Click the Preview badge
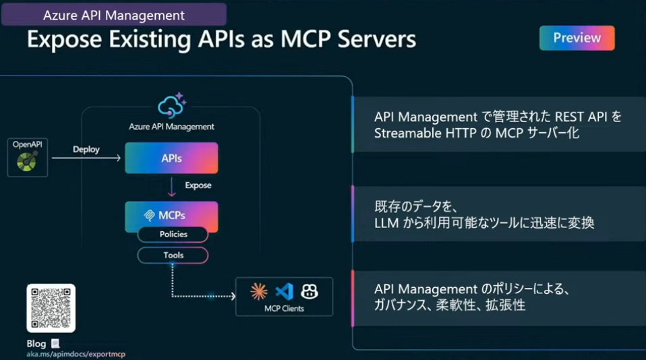pyautogui.click(x=577, y=38)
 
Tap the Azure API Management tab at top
pyautogui.click(x=113, y=14)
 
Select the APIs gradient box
pyautogui.click(x=171, y=158)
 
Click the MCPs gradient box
pyautogui.click(x=171, y=215)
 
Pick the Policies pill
pyautogui.click(x=173, y=235)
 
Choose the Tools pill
pyautogui.click(x=173, y=256)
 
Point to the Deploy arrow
pyautogui.click(x=86, y=158)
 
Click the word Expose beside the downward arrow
pyautogui.click(x=198, y=185)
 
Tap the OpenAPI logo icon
pyautogui.click(x=28, y=161)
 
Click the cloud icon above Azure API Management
pyautogui.click(x=171, y=105)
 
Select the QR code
pyautogui.click(x=51, y=308)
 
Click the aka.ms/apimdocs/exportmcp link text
pyautogui.click(x=76, y=354)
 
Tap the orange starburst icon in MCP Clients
pyautogui.click(x=259, y=291)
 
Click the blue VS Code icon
pyautogui.click(x=284, y=291)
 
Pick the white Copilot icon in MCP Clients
pyautogui.click(x=310, y=291)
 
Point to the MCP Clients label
pyautogui.click(x=284, y=309)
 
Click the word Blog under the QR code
pyautogui.click(x=36, y=344)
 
